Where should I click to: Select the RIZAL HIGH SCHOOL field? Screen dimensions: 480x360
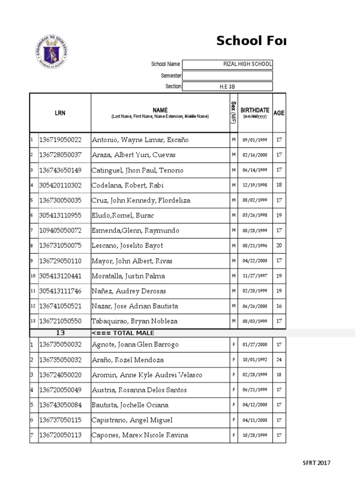coord(227,64)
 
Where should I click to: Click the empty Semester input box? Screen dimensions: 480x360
coord(227,75)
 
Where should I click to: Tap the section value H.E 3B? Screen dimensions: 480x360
coord(227,87)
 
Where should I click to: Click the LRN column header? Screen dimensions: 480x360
coord(60,113)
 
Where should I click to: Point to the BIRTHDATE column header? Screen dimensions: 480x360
coord(255,112)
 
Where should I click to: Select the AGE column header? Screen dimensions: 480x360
coord(279,113)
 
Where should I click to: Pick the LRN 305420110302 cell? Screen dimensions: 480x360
coord(60,185)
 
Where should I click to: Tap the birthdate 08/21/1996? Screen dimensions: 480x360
coord(255,246)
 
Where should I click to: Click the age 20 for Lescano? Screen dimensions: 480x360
coord(279,246)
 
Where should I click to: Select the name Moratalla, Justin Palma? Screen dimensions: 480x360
coord(128,276)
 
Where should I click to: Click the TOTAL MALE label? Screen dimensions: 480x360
coord(123,333)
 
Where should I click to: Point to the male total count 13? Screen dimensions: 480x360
coord(60,333)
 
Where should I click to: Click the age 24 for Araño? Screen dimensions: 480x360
coord(279,360)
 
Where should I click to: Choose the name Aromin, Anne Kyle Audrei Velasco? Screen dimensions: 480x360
coord(147,375)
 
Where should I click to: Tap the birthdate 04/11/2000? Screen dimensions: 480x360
coord(255,420)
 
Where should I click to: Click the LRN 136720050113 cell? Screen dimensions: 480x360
coord(60,435)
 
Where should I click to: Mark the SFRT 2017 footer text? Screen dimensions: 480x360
coord(316,463)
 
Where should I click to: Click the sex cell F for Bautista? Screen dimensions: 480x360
coord(233,405)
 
